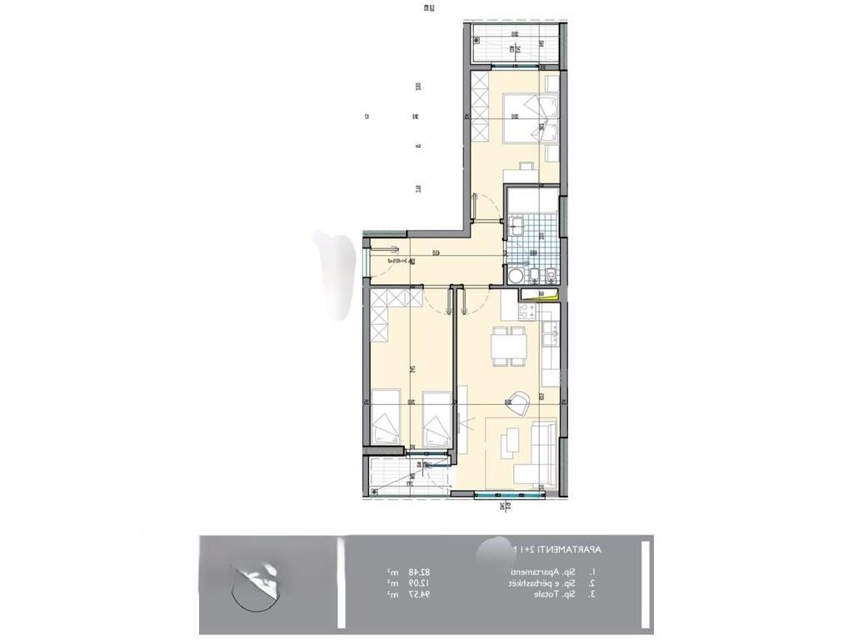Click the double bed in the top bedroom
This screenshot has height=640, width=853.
(x=530, y=118)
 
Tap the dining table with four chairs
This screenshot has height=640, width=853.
(x=508, y=345)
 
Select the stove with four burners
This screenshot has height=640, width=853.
(x=527, y=312)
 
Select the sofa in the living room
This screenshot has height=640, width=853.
(x=542, y=453)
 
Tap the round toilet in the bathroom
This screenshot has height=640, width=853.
(x=516, y=275)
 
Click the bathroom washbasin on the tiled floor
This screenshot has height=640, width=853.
(x=516, y=225)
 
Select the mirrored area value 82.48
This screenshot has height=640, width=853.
(x=419, y=572)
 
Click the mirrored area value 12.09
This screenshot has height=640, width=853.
(x=419, y=583)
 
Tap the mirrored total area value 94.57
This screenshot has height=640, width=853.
(x=419, y=595)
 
